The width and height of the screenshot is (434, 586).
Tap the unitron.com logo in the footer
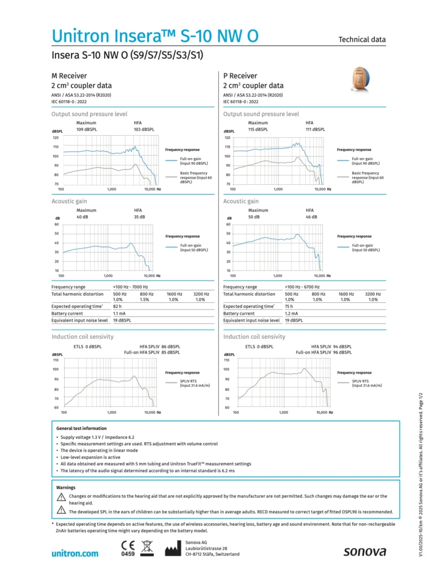[x=74, y=553]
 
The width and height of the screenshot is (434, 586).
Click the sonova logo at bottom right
[x=364, y=552]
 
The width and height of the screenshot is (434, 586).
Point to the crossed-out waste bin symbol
[x=147, y=548]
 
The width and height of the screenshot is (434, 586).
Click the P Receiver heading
[x=240, y=76]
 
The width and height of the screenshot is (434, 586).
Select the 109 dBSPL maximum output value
[x=88, y=130]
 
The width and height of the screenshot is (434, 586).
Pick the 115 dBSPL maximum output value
[x=259, y=130]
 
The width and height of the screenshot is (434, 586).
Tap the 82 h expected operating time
[x=117, y=307]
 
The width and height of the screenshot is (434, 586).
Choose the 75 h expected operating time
[x=289, y=307]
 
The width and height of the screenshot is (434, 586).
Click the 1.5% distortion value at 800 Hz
[x=145, y=300]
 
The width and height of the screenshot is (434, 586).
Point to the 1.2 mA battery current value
[x=291, y=314]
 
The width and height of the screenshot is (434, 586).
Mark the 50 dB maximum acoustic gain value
[x=254, y=217]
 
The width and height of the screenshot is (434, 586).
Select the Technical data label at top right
[x=362, y=39]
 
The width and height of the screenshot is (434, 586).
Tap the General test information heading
[x=81, y=428]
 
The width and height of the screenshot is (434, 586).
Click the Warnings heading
[x=66, y=488]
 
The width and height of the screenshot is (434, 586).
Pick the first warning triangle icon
[x=61, y=497]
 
